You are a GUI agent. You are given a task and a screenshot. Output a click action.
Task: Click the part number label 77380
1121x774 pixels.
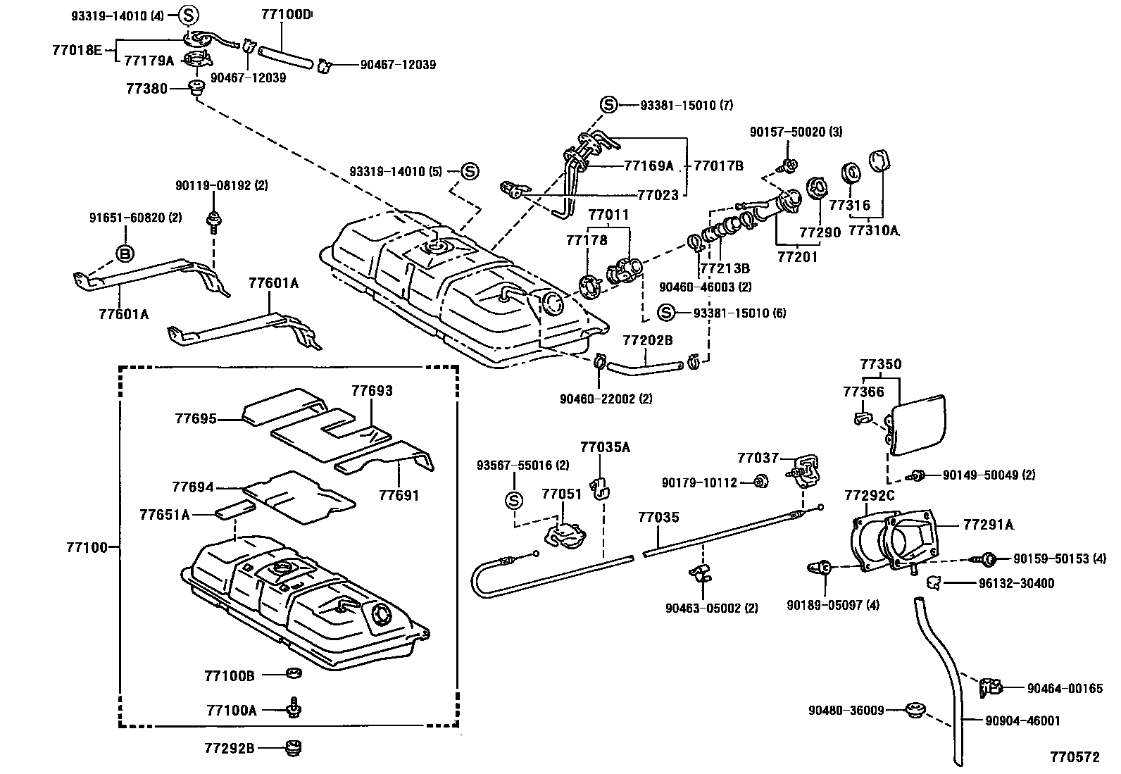146,89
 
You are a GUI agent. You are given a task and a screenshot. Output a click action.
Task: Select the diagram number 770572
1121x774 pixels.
1075,757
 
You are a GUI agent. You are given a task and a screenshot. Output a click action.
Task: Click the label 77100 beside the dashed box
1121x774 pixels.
87,547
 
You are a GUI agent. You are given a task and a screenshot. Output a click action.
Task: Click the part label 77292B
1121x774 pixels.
230,748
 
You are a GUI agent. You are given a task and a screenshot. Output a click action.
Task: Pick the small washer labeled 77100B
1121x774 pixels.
294,674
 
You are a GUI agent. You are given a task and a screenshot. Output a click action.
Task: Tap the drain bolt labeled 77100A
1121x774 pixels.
294,706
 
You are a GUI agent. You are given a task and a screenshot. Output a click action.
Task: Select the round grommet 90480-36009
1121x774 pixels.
915,709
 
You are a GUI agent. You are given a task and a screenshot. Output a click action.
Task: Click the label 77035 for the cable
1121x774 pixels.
658,518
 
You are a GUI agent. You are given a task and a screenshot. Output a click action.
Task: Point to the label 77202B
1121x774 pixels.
647,340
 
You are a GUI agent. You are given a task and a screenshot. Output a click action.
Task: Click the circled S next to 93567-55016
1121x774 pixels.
514,501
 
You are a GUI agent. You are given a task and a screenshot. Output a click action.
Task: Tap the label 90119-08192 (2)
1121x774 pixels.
211,186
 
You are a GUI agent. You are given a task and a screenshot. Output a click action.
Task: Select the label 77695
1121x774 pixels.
196,419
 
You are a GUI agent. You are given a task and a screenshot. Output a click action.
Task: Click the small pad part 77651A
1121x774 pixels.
235,507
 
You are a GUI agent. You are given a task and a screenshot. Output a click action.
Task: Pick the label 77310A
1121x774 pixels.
874,230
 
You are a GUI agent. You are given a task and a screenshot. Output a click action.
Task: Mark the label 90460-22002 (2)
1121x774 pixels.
606,399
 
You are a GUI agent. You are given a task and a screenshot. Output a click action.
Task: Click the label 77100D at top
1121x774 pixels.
286,14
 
